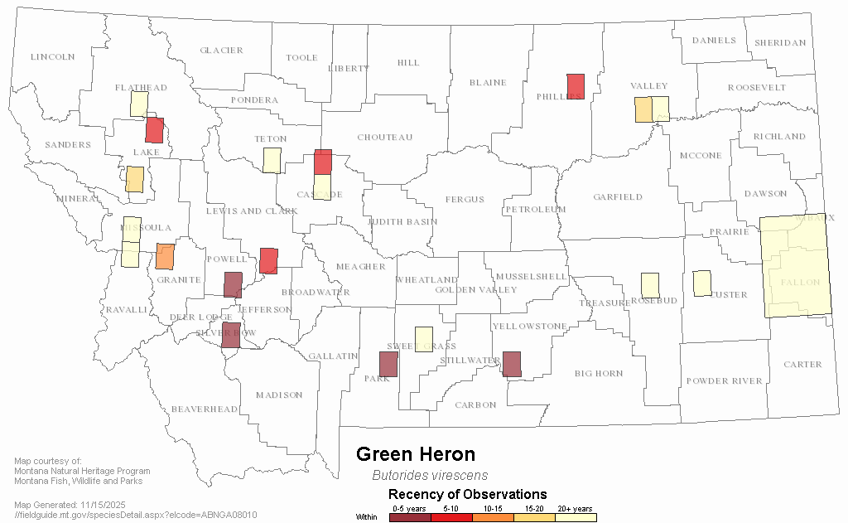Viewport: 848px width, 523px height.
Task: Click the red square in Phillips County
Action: coord(576,86)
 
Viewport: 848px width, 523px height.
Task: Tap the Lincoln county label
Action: coord(52,57)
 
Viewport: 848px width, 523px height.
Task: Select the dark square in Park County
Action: coord(388,364)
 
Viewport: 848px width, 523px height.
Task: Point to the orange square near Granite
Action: coord(165,256)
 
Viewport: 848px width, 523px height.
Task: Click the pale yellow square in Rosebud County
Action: coord(650,285)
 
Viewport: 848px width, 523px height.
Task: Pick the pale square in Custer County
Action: coord(702,283)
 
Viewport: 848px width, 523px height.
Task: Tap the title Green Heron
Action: coord(416,454)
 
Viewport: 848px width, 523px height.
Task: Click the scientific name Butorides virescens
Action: coord(430,476)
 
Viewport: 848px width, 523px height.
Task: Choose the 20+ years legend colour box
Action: coord(576,517)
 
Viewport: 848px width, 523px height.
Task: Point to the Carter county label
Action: coord(802,365)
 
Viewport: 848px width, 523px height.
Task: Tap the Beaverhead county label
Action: coord(205,409)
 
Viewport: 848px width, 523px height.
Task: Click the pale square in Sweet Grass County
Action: coord(423,339)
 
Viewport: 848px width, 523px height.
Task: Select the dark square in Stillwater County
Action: coord(512,364)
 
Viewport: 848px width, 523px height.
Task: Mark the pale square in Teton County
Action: coord(271,160)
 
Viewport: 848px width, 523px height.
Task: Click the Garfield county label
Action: coord(618,197)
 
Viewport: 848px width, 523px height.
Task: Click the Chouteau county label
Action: coord(384,138)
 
